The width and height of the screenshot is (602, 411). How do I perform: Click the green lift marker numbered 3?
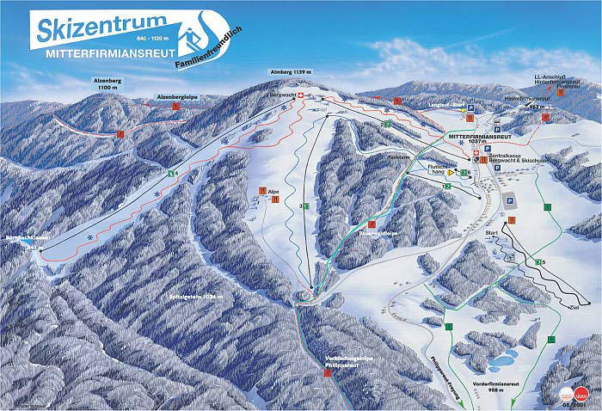302,206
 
